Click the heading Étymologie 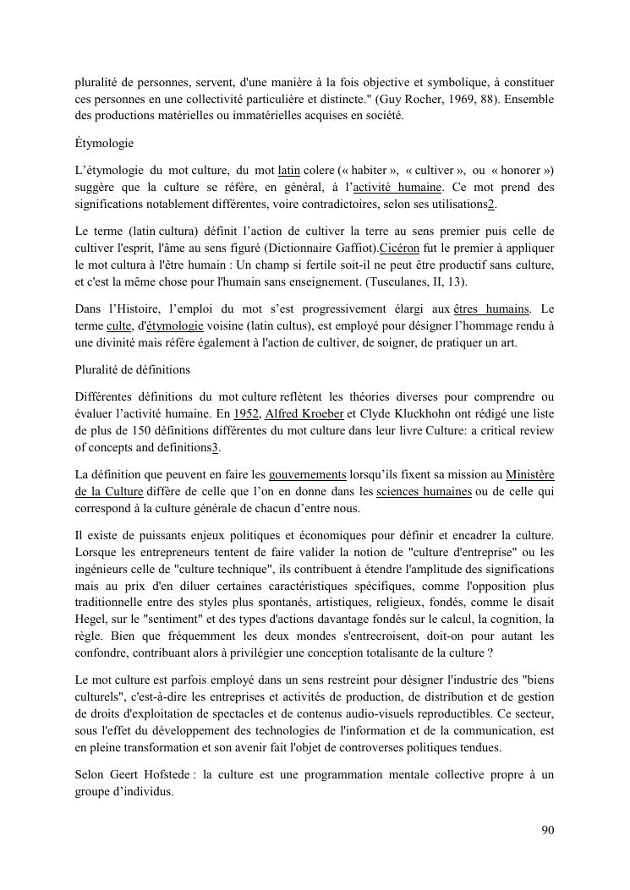(104, 144)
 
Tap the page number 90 (547, 830)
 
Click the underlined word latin (289, 171)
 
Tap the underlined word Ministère (530, 475)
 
